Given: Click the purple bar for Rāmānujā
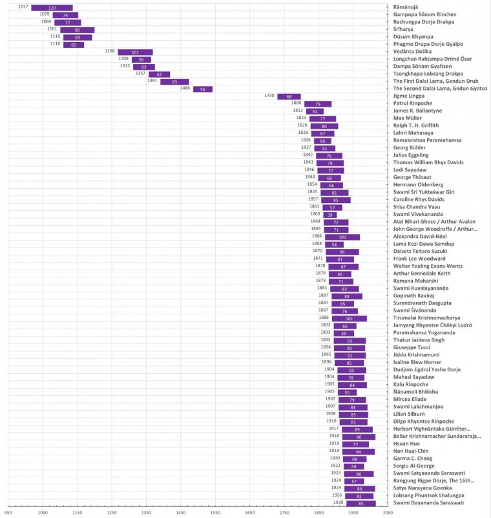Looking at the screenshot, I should (x=52, y=7).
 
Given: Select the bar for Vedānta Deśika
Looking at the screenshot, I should (x=135, y=52).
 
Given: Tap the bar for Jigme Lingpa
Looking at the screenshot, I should (x=289, y=96).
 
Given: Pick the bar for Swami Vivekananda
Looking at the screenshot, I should (x=329, y=214).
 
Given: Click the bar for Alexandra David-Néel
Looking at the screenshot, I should (x=342, y=237).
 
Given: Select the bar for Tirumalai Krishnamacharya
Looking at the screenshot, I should (x=350, y=318).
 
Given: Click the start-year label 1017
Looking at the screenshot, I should (x=23, y=6).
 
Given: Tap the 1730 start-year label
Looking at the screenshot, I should (x=269, y=96).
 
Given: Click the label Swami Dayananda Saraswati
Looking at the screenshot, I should (x=431, y=503).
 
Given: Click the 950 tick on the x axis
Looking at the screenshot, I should (x=8, y=512).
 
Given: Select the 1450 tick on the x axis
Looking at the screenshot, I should (x=180, y=512).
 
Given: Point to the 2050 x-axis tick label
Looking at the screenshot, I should (x=388, y=512).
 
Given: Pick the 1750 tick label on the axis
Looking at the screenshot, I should (x=284, y=512).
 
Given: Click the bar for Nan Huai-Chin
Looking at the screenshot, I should (x=359, y=451).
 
